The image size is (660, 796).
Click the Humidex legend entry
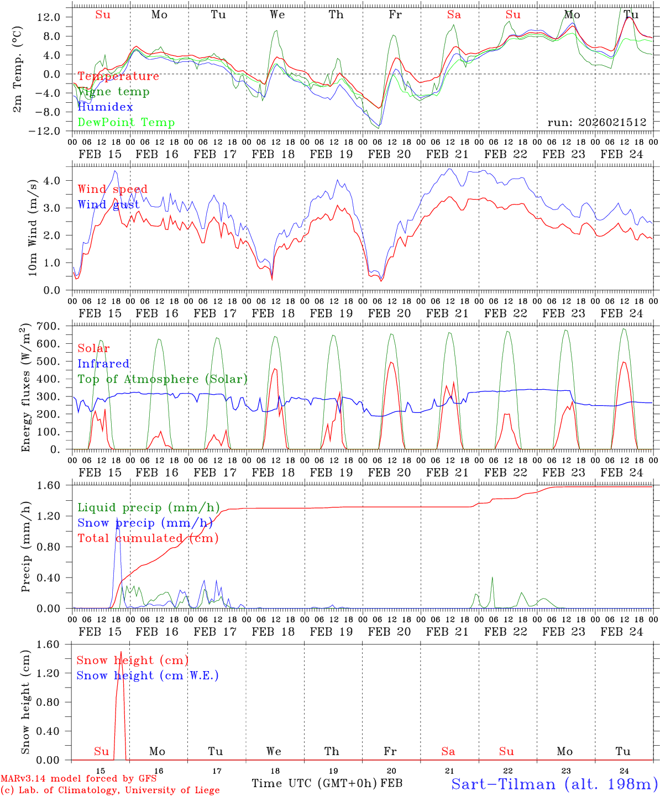coord(105,107)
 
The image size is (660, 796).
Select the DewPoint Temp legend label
coord(126,122)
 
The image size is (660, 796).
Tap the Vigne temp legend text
coord(113,91)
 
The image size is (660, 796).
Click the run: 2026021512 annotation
coord(596,122)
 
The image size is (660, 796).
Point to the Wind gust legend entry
coord(108,205)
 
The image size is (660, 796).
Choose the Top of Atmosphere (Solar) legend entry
coord(162,379)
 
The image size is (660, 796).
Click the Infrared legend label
coord(103,364)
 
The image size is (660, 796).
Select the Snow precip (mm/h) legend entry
coord(145,523)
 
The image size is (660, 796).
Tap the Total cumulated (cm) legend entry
coord(148,538)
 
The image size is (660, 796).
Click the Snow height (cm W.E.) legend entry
coord(147,675)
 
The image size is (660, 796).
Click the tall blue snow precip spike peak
coord(117,523)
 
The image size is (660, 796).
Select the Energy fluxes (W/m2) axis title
coord(25,389)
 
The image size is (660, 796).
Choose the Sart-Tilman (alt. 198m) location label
coord(554,784)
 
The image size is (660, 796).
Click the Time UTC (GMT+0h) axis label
coord(314,783)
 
